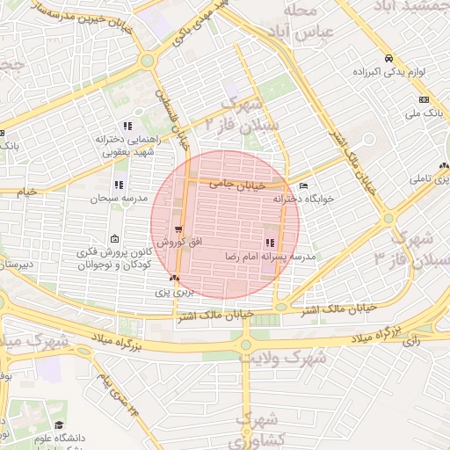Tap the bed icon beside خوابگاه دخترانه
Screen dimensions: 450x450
304,186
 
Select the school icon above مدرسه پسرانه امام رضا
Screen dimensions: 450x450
269,243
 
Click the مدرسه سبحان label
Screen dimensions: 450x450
110,199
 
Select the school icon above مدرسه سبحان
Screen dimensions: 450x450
119,185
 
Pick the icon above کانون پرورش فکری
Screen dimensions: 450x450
115,239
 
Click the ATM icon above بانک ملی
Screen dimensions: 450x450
424,99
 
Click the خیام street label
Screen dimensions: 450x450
29,190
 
